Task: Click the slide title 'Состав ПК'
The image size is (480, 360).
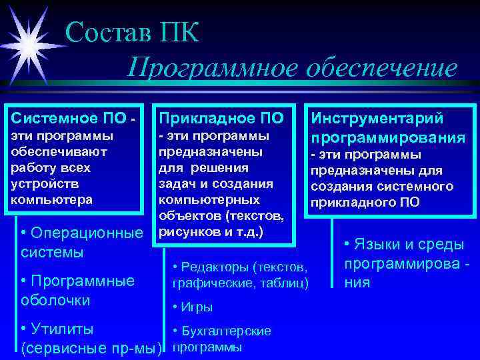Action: point(133,33)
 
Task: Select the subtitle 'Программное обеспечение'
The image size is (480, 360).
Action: point(293,68)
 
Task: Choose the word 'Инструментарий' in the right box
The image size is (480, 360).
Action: point(377,119)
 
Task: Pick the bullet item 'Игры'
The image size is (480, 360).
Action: point(196,307)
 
